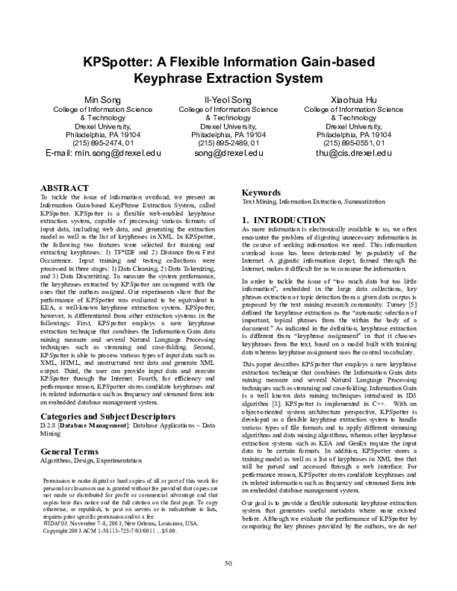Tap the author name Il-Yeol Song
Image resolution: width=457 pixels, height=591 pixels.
(x=228, y=101)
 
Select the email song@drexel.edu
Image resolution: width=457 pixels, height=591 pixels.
(x=228, y=153)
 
